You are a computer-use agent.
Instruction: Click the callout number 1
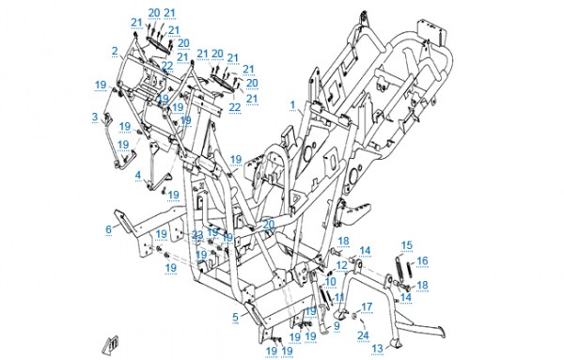(292, 105)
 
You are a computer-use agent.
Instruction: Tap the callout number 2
(115, 51)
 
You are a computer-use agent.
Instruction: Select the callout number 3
(95, 117)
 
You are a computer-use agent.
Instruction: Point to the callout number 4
(138, 175)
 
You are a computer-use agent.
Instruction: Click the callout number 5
(236, 317)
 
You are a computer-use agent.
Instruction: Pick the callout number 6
(109, 229)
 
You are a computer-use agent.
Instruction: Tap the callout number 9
(337, 326)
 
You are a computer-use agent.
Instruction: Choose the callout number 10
(330, 282)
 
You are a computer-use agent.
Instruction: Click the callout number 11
(339, 297)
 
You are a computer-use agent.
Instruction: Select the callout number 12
(342, 265)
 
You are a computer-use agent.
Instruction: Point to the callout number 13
(377, 348)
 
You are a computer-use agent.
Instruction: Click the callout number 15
(407, 245)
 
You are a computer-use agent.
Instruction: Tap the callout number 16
(423, 260)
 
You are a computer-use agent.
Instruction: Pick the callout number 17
(367, 306)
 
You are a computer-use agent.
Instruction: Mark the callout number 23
(197, 235)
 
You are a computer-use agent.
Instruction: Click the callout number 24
(363, 336)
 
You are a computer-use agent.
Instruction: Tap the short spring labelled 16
(410, 270)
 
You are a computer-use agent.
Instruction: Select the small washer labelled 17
(354, 316)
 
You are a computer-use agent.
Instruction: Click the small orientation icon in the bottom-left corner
(110, 345)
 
